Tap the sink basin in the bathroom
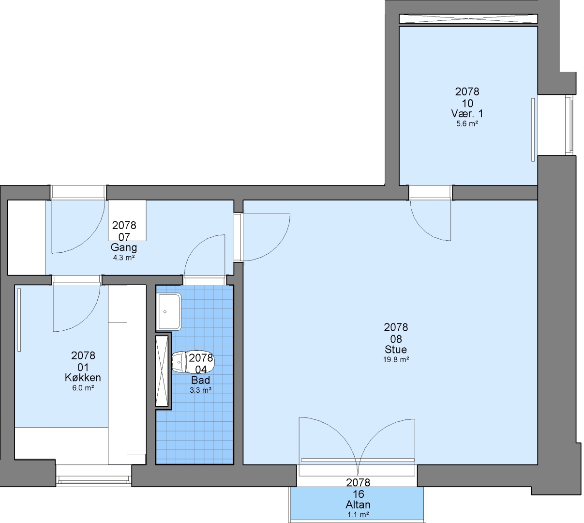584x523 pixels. pyautogui.click(x=169, y=311)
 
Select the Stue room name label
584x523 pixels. pyautogui.click(x=395, y=350)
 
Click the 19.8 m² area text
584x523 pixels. pyautogui.click(x=396, y=360)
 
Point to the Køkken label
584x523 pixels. pyautogui.click(x=83, y=378)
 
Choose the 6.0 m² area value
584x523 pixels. pyautogui.click(x=83, y=388)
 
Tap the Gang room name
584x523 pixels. pyautogui.click(x=124, y=247)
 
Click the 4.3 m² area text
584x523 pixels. pyautogui.click(x=124, y=258)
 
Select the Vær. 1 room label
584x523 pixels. pyautogui.click(x=467, y=114)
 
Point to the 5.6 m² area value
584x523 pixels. pyautogui.click(x=467, y=124)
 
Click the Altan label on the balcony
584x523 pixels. pyautogui.click(x=358, y=505)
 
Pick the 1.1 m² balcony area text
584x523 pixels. pyautogui.click(x=359, y=515)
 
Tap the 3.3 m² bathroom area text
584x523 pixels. pyautogui.click(x=201, y=390)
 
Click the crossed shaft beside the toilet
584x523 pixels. pyautogui.click(x=162, y=370)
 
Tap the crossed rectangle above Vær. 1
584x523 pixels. pyautogui.click(x=468, y=19)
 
